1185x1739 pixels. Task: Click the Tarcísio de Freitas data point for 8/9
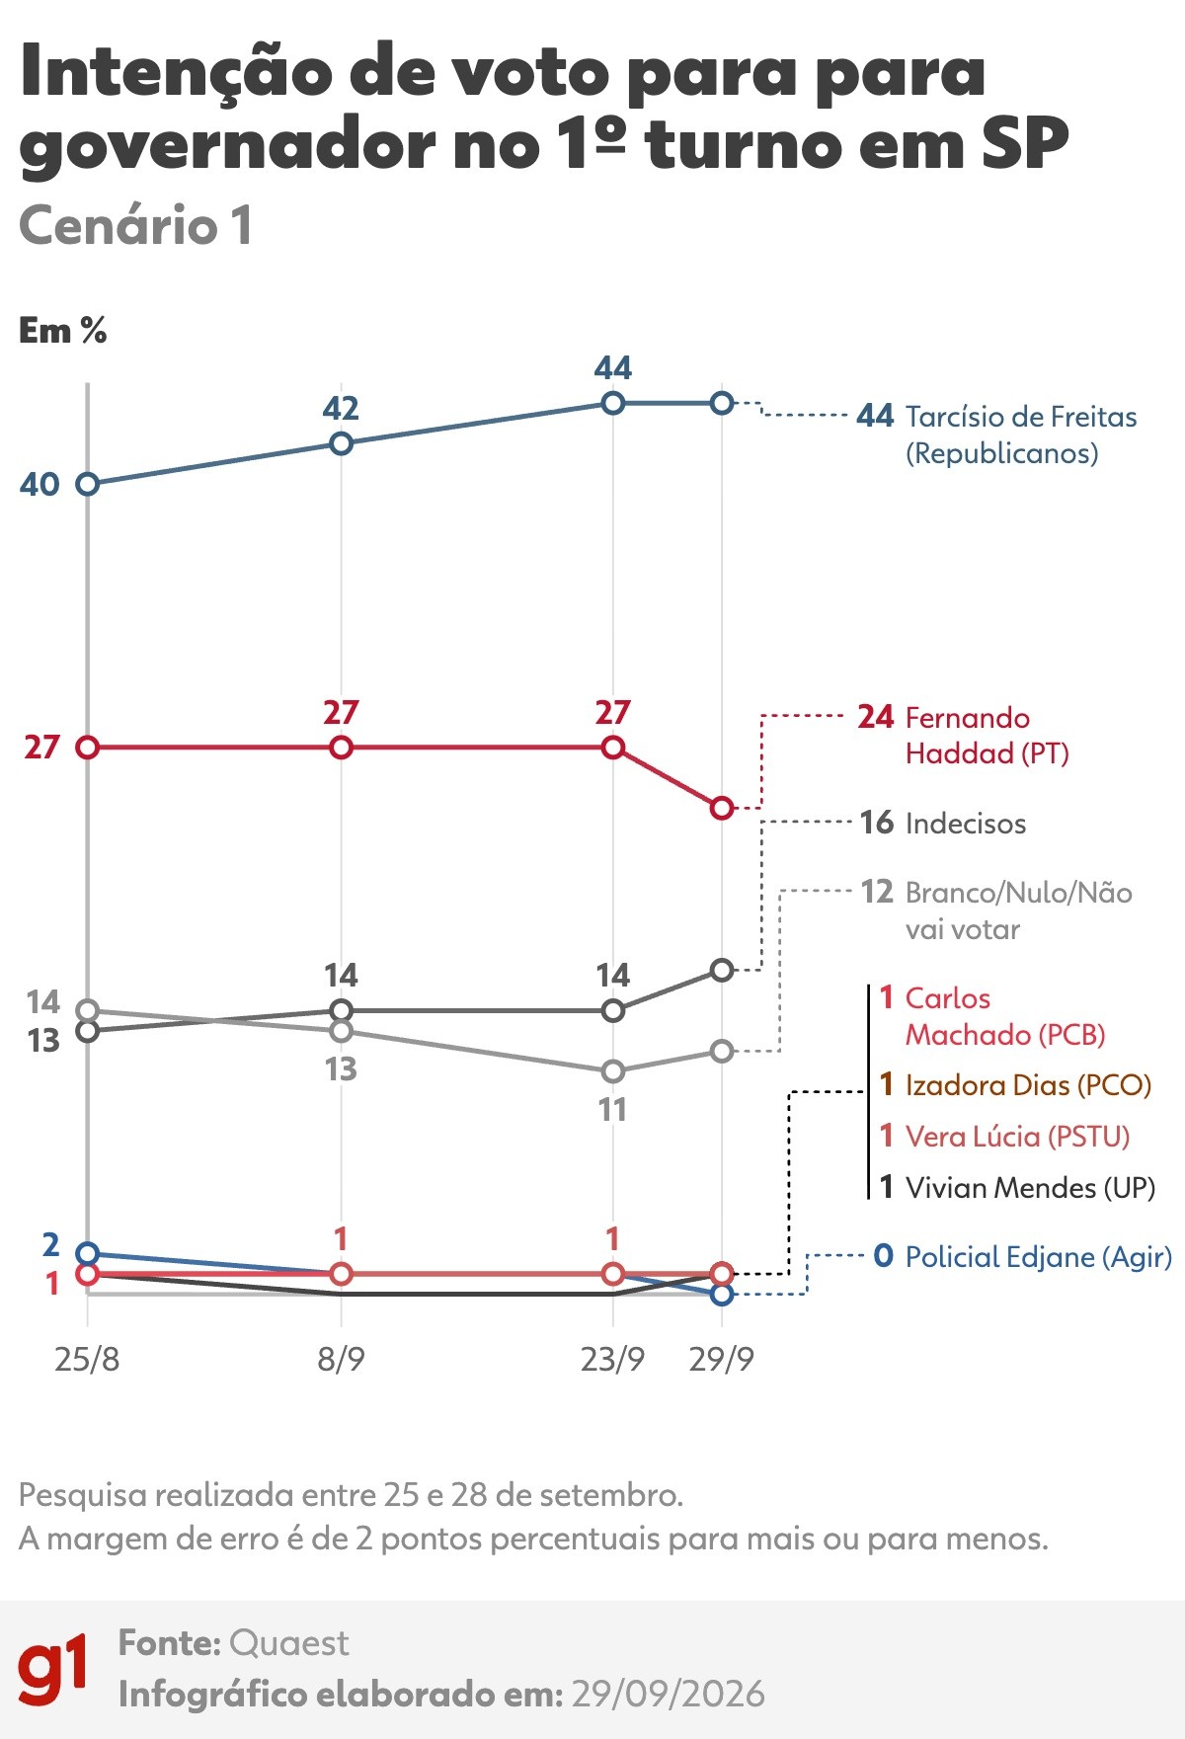(x=341, y=443)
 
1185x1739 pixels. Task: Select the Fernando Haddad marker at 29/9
(x=722, y=808)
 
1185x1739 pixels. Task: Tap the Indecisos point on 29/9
(x=722, y=970)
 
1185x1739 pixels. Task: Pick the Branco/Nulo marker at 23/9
(x=613, y=1071)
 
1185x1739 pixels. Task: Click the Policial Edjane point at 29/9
(x=722, y=1294)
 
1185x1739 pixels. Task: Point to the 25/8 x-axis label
(x=87, y=1360)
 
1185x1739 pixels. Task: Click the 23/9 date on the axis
(x=612, y=1360)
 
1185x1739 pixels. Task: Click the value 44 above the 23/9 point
(x=613, y=368)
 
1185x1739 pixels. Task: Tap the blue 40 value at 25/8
(x=40, y=484)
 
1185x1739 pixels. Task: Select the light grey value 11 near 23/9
(x=612, y=1110)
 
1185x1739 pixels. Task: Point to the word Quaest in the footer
(x=288, y=1643)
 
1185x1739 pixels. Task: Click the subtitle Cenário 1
(x=136, y=225)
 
